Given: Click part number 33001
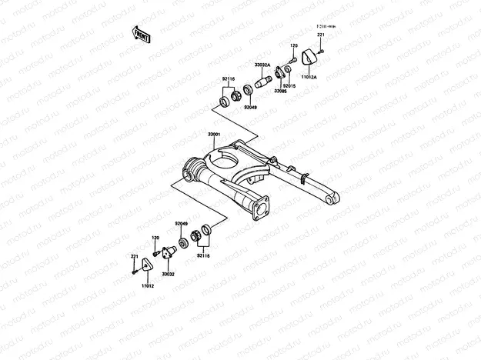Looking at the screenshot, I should [x=214, y=135].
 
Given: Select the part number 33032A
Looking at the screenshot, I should [x=263, y=65].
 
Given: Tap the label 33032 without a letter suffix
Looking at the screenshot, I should [x=168, y=273].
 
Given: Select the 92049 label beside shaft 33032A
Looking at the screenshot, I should [x=251, y=108].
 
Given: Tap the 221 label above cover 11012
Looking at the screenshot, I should [x=134, y=256].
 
